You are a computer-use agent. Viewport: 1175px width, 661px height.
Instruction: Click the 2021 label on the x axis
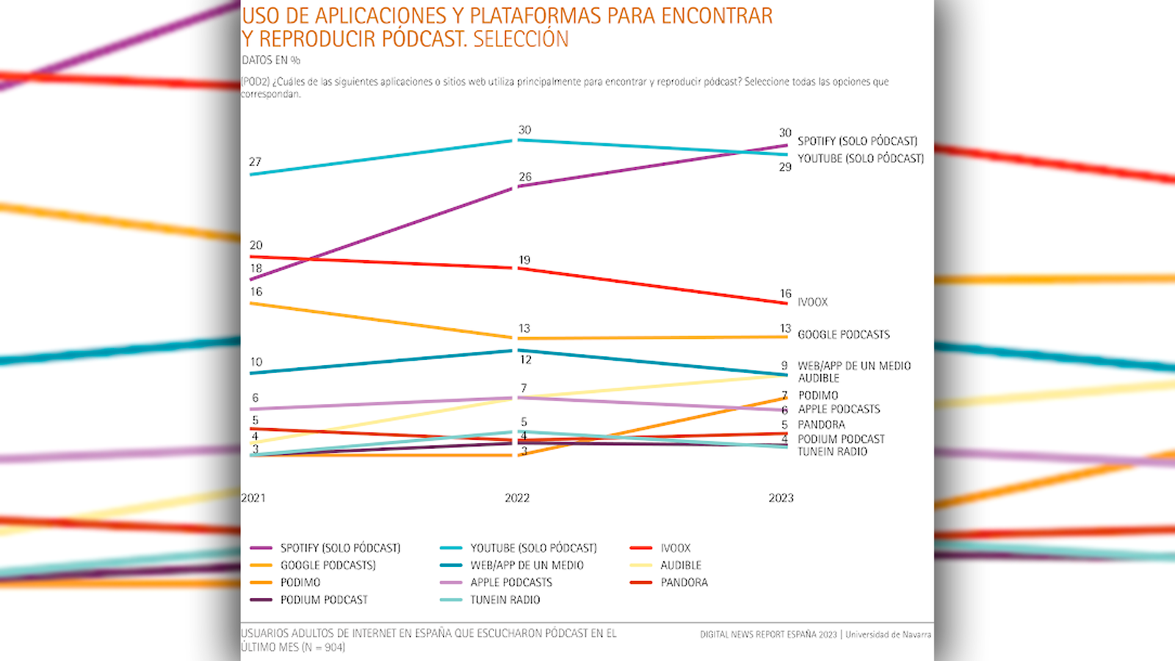pyautogui.click(x=253, y=498)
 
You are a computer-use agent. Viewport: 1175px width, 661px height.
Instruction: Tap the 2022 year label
pyautogui.click(x=517, y=498)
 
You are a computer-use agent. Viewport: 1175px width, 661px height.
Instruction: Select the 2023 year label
pyautogui.click(x=781, y=498)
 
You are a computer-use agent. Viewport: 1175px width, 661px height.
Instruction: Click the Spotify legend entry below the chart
pyautogui.click(x=340, y=548)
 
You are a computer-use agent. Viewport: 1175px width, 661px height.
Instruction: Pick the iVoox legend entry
pyautogui.click(x=675, y=548)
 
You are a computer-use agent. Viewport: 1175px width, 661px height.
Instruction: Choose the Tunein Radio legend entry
pyautogui.click(x=505, y=600)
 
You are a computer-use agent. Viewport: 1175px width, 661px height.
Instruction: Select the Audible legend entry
pyautogui.click(x=680, y=566)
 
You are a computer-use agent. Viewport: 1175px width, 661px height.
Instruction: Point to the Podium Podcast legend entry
pyautogui.click(x=324, y=600)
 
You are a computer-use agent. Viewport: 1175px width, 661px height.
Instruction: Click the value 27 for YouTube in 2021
pyautogui.click(x=255, y=162)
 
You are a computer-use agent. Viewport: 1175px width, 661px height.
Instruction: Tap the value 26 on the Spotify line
pyautogui.click(x=525, y=177)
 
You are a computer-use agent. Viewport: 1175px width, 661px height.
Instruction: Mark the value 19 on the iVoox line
pyautogui.click(x=524, y=260)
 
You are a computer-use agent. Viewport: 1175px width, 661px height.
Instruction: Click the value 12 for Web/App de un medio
pyautogui.click(x=526, y=360)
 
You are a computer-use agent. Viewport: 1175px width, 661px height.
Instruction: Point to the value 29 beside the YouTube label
pyautogui.click(x=786, y=167)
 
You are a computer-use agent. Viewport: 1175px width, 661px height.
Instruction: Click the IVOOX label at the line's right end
pyautogui.click(x=812, y=303)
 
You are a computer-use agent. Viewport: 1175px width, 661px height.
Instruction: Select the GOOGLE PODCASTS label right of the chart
pyautogui.click(x=844, y=335)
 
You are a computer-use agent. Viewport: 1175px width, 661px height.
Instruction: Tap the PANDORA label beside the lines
pyautogui.click(x=821, y=425)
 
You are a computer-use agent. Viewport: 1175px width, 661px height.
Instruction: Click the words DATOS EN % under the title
pyautogui.click(x=271, y=60)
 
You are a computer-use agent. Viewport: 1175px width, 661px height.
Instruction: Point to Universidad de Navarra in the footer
pyautogui.click(x=888, y=635)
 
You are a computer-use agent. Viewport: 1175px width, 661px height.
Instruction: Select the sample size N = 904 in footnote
pyautogui.click(x=323, y=648)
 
